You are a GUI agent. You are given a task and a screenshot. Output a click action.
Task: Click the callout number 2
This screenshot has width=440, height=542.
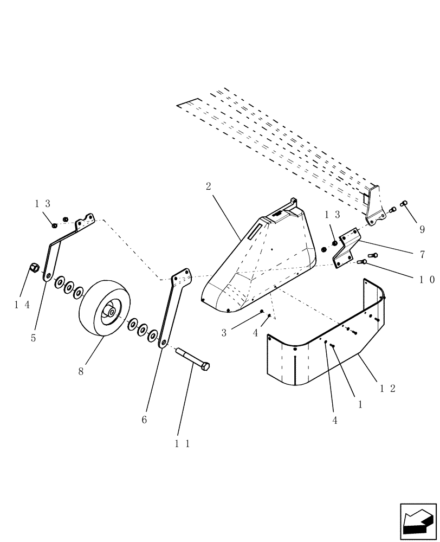[x=209, y=186]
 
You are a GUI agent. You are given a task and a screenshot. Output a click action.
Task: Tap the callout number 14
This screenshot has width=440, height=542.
[x=22, y=305]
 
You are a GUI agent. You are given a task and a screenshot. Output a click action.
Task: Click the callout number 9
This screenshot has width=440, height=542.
[x=422, y=229]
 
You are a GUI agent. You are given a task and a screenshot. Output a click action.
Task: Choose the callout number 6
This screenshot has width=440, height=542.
[x=144, y=419]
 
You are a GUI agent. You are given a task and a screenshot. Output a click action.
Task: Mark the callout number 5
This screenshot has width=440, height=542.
[x=34, y=338]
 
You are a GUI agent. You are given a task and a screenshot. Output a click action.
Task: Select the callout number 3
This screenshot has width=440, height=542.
[x=224, y=333]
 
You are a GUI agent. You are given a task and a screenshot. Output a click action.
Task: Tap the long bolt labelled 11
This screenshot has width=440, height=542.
[x=192, y=359]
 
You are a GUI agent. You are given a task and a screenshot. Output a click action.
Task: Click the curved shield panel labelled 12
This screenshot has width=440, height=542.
[x=325, y=352]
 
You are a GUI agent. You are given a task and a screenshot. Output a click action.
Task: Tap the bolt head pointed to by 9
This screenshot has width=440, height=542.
[x=403, y=204]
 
